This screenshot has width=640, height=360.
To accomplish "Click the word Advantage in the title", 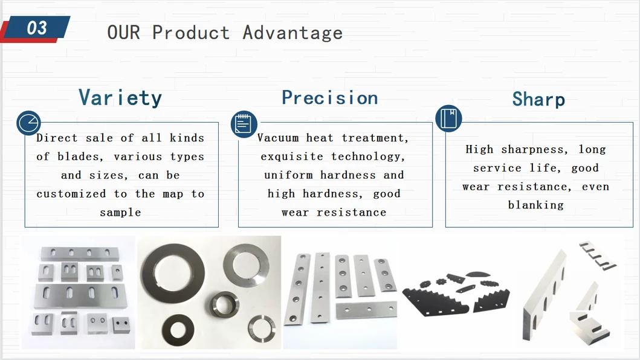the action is coord(293,33).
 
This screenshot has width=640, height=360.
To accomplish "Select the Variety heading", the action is coord(120,98).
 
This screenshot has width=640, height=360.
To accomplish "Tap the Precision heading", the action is coord(330,98).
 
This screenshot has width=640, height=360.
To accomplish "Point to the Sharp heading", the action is coord(539,99).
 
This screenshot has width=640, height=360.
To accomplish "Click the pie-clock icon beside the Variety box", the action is coord(28,123).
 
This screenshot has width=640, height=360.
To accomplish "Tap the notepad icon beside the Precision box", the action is coord(244,124).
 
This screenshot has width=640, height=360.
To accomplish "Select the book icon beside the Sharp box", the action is coord(448,118).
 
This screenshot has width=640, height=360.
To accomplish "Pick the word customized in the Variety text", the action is coord(71,194).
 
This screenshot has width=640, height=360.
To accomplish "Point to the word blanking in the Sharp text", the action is coord(536,205).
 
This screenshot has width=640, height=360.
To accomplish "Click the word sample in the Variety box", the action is coord(120,213).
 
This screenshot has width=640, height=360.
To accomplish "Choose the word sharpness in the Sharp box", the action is coord(534,150).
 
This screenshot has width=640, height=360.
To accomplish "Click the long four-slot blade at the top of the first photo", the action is coord(80,254).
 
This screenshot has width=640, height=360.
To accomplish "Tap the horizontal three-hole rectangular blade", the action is coord(366,310).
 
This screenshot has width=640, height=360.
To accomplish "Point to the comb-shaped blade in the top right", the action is coord(598,256).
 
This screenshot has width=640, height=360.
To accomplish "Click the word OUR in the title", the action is coord(124,33).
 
